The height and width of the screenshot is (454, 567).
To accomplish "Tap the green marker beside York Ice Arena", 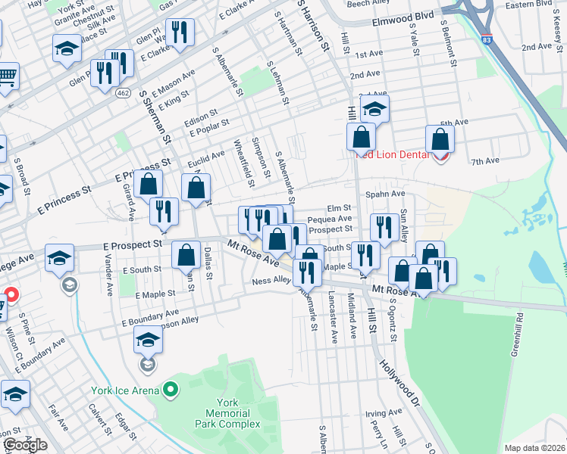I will click(x=171, y=390).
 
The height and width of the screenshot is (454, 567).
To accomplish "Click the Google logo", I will click(x=25, y=445).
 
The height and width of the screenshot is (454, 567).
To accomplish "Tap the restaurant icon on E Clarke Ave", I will click(x=180, y=33).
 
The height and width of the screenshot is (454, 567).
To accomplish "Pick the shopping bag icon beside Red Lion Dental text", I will click(x=440, y=140).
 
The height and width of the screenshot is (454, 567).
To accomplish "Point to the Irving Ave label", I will click(x=382, y=414).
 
